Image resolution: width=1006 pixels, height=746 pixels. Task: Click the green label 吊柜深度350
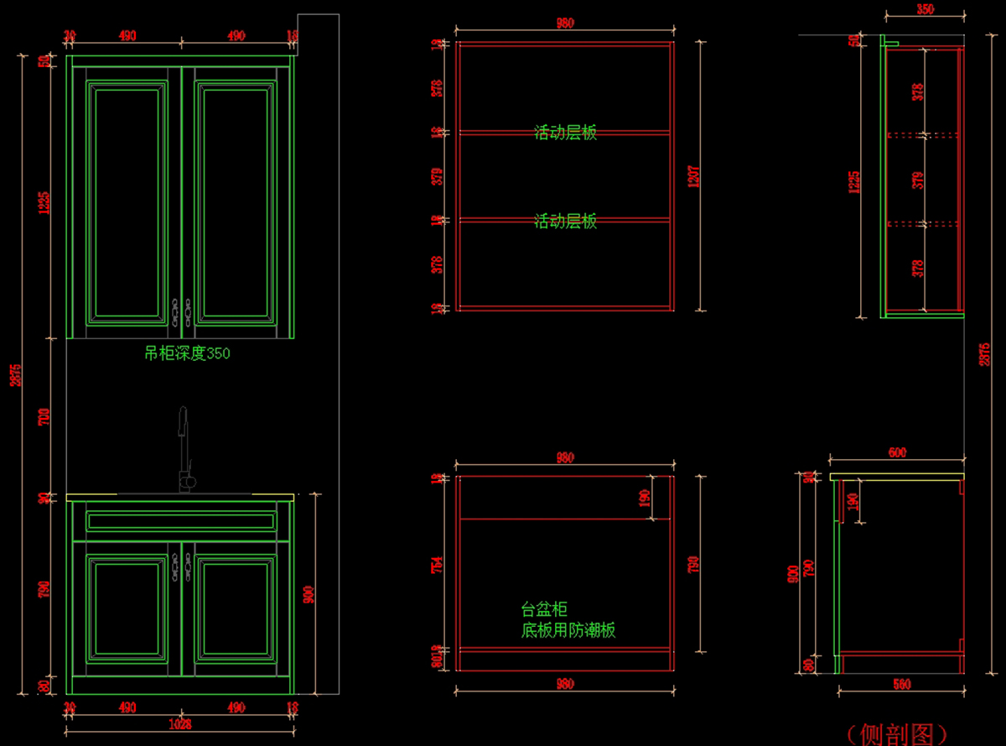click(x=187, y=354)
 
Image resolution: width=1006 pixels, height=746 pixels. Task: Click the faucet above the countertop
click(x=184, y=449)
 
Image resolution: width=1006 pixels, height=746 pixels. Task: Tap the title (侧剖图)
click(x=895, y=733)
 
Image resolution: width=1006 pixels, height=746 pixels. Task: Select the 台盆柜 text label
click(x=544, y=610)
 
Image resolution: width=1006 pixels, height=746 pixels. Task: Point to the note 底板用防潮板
click(x=568, y=630)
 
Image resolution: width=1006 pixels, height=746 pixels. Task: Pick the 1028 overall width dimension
click(x=180, y=724)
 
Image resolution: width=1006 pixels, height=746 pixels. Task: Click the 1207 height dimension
click(x=694, y=176)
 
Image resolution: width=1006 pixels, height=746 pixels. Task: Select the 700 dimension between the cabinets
click(x=44, y=417)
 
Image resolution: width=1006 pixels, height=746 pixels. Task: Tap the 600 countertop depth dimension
click(x=897, y=453)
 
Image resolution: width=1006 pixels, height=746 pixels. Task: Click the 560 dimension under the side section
click(x=901, y=685)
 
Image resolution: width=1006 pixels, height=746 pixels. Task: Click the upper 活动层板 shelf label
click(x=566, y=133)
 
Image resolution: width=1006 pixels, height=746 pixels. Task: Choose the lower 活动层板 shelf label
click(x=566, y=222)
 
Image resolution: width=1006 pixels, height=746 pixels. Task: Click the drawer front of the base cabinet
click(x=181, y=521)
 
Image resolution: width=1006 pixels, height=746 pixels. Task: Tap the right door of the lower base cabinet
click(x=235, y=608)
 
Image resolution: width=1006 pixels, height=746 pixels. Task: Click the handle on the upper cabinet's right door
click(x=189, y=312)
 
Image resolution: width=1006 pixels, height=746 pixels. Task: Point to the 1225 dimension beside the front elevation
click(x=44, y=201)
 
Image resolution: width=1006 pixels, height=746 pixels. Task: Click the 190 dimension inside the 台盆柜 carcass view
click(x=644, y=498)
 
